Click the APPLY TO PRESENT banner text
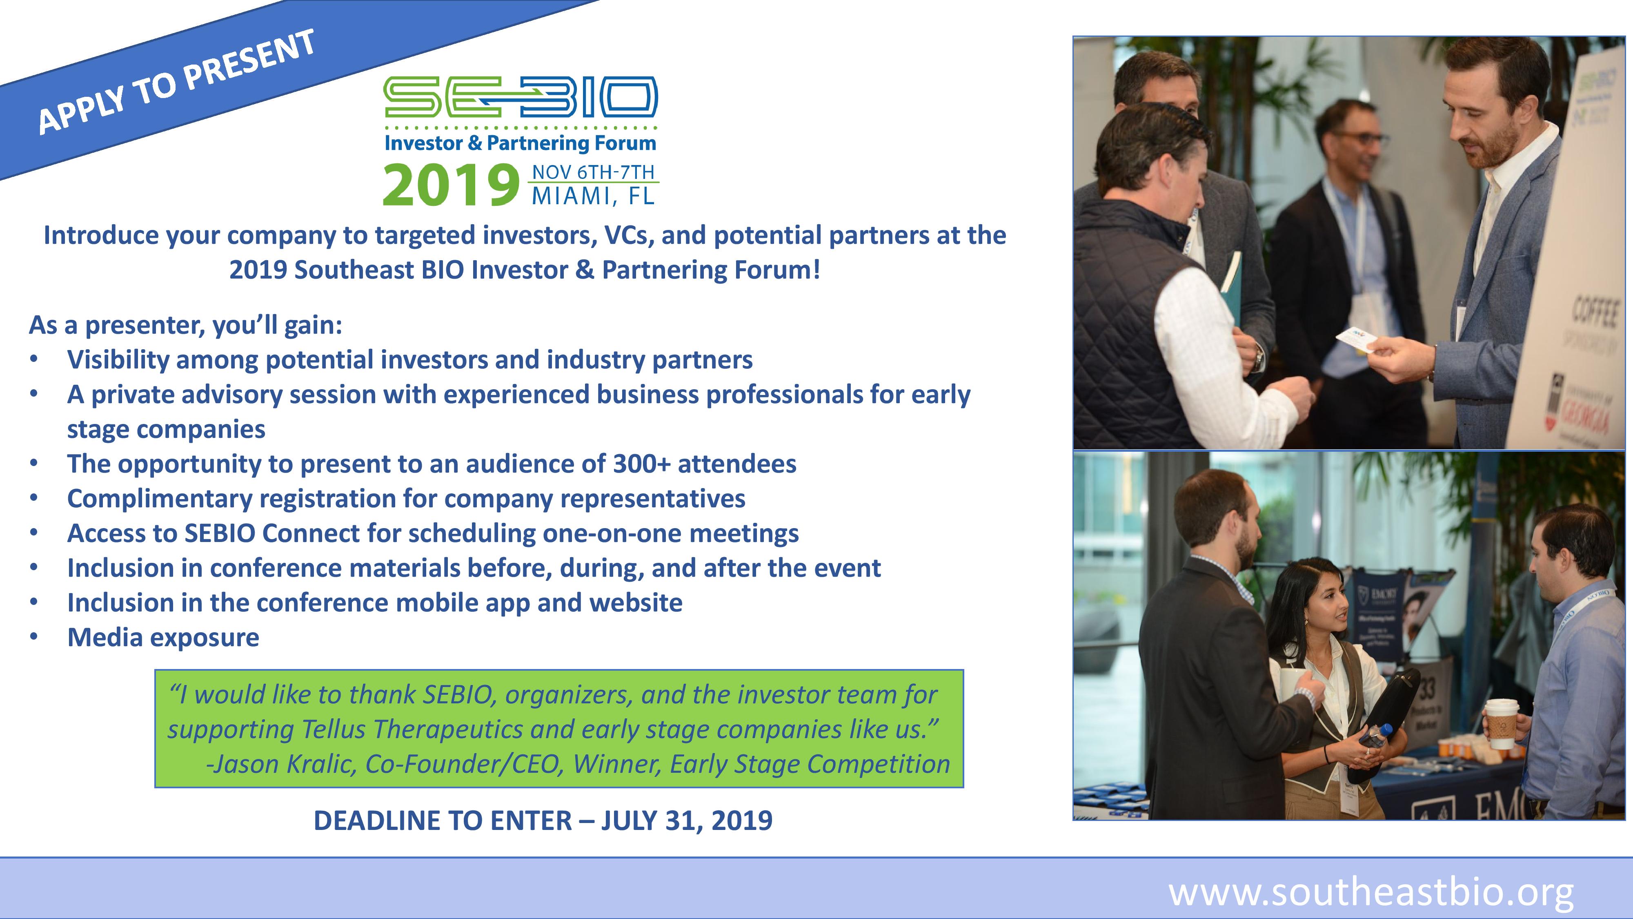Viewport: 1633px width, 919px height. coord(177,82)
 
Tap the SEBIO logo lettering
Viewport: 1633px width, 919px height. coord(521,97)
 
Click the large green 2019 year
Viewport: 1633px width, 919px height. coord(450,185)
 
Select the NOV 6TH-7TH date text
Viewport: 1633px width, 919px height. coord(593,172)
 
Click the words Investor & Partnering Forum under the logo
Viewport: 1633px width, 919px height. coord(520,143)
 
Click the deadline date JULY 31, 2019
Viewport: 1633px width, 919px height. coord(687,821)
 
